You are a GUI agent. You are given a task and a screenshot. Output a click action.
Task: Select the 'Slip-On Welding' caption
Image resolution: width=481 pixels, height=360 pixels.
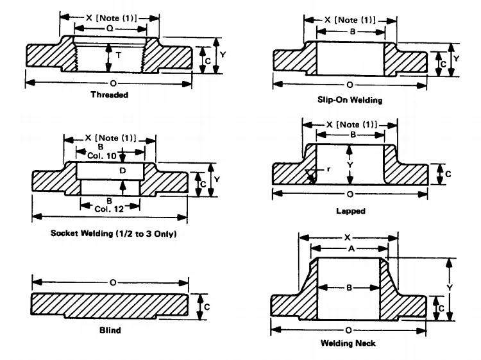click(350, 101)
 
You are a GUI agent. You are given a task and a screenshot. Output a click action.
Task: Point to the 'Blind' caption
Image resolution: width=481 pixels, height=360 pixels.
click(110, 331)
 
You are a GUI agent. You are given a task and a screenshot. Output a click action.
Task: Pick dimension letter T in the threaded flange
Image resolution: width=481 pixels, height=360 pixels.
click(119, 56)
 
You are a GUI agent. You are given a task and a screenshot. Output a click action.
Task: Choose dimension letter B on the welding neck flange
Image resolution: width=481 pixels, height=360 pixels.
click(350, 288)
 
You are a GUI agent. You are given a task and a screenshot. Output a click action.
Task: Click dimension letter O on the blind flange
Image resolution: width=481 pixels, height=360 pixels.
click(114, 282)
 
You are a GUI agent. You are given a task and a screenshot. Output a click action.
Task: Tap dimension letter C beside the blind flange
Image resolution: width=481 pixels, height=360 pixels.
click(207, 307)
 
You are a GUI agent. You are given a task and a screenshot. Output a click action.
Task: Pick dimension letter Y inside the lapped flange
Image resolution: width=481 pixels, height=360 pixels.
click(350, 164)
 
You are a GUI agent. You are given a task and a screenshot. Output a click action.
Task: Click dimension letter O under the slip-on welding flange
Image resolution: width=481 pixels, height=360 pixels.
click(350, 84)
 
